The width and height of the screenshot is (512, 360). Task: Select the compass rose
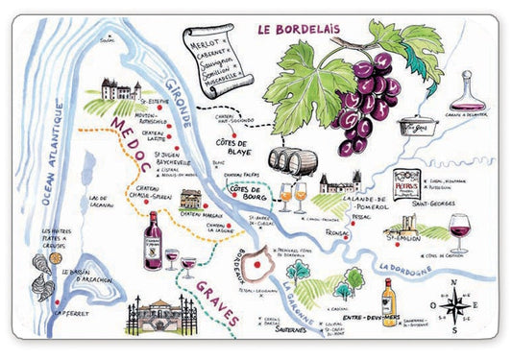[x=460, y=300]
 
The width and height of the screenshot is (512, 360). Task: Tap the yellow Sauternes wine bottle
[x=389, y=303]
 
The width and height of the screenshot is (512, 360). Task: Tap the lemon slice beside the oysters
[x=54, y=258]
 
